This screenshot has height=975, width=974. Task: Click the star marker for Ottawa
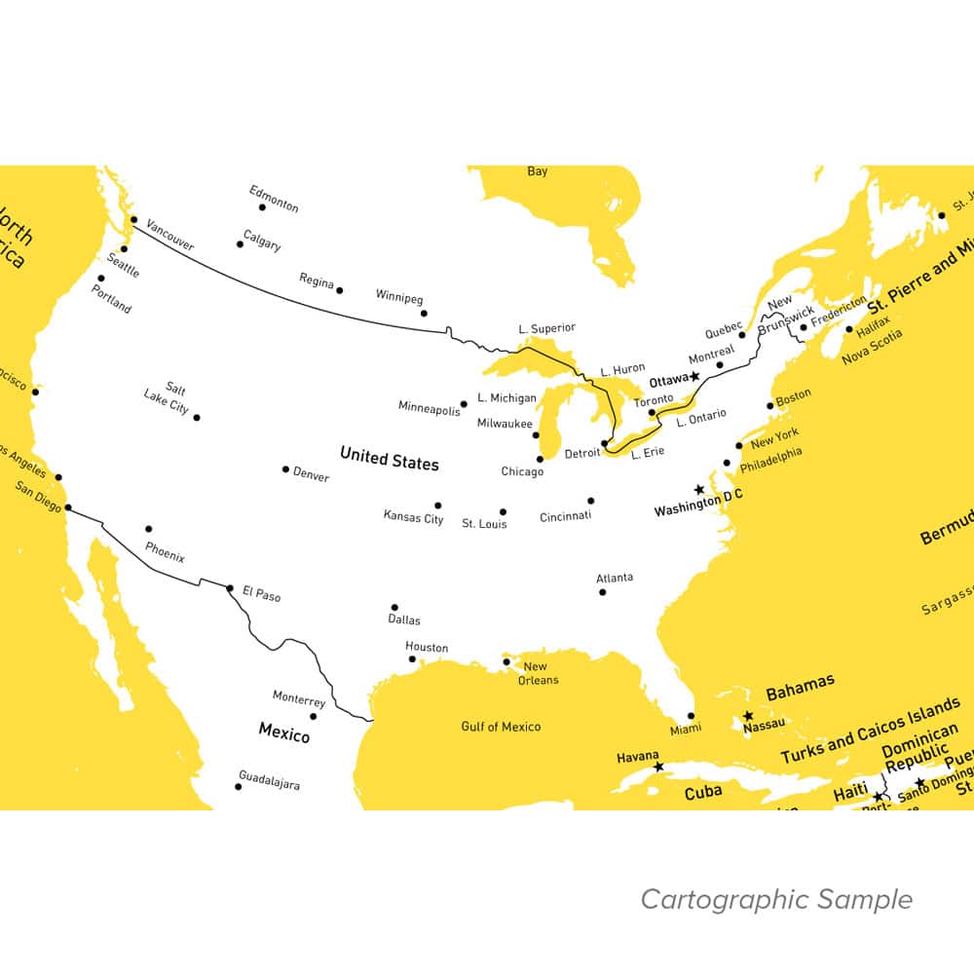694,376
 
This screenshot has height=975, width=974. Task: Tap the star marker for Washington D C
698,489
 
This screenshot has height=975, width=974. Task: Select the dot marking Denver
285,469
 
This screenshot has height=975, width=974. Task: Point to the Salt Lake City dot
197,417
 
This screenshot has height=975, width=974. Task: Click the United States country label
389,460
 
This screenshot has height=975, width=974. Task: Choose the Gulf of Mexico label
501,727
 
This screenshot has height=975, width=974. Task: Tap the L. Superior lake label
546,328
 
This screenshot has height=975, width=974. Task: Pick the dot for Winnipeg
424,314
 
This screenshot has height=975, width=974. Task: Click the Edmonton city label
274,198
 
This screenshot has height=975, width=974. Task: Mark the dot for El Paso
230,588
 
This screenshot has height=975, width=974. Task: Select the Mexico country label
283,731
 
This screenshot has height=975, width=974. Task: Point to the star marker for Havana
658,768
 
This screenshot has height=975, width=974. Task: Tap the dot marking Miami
692,716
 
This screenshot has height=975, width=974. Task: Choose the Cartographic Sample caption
776,900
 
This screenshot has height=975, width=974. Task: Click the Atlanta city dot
602,592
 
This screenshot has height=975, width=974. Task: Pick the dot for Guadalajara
238,786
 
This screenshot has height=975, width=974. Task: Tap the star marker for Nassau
748,716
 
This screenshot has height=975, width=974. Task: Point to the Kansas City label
413,517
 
